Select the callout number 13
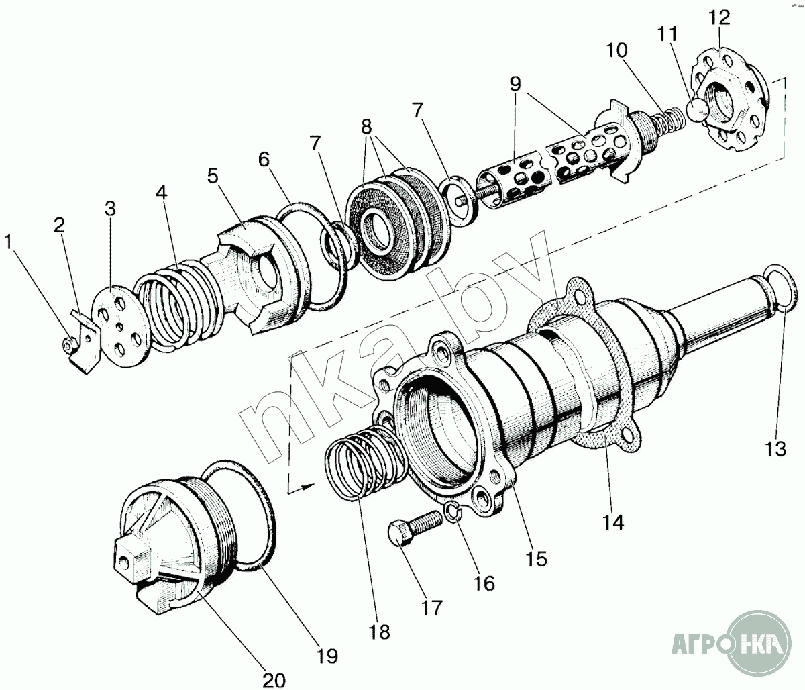(x=776, y=449)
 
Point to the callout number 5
(x=213, y=176)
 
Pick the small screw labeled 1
(x=70, y=343)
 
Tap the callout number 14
(x=613, y=522)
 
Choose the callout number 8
(x=366, y=126)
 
